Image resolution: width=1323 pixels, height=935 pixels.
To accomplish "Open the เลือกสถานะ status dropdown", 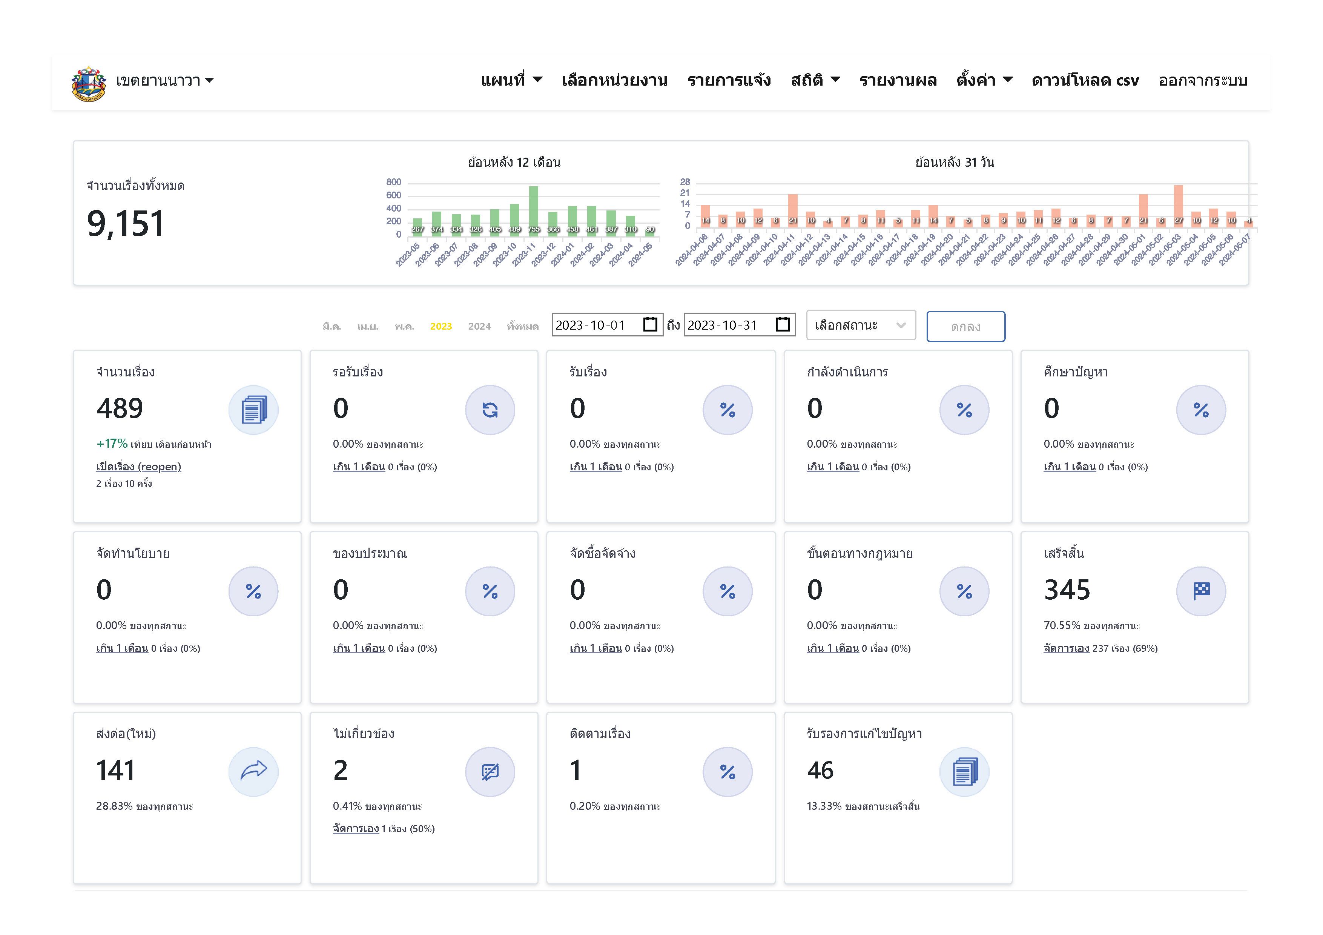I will click(x=860, y=325).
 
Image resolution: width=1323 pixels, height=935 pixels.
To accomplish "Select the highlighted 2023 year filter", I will click(x=441, y=327).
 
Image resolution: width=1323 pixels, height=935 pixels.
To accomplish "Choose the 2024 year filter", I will click(x=479, y=327).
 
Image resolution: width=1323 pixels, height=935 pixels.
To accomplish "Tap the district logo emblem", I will click(x=88, y=83).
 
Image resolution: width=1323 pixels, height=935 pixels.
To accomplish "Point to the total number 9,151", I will click(x=126, y=224).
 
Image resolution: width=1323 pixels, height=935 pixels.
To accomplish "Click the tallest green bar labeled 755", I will click(x=534, y=209).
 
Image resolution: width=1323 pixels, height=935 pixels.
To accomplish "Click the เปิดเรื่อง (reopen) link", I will click(x=138, y=467).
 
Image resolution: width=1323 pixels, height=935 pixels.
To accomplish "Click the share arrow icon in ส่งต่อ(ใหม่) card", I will click(x=253, y=771).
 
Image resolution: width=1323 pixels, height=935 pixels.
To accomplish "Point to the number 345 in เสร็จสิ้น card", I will click(x=1067, y=590).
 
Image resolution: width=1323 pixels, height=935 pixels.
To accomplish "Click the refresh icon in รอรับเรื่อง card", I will click(x=490, y=410).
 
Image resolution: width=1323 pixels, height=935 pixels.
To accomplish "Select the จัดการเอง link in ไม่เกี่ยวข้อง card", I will click(x=356, y=828).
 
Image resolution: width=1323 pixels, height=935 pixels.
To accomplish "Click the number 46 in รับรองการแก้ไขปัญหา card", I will click(x=820, y=770).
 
